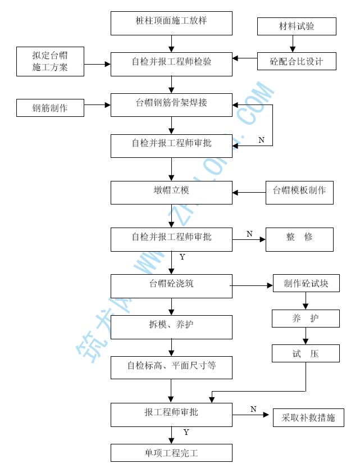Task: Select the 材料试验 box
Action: click(297, 26)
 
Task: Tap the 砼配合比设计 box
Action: click(297, 61)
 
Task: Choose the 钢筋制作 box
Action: click(50, 108)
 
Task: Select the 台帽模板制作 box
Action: click(299, 192)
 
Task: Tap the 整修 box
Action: click(299, 239)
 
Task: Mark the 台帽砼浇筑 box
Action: click(171, 286)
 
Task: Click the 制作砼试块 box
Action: click(306, 283)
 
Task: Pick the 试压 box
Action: click(306, 353)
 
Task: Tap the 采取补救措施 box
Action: click(308, 417)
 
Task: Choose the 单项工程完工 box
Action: click(171, 453)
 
